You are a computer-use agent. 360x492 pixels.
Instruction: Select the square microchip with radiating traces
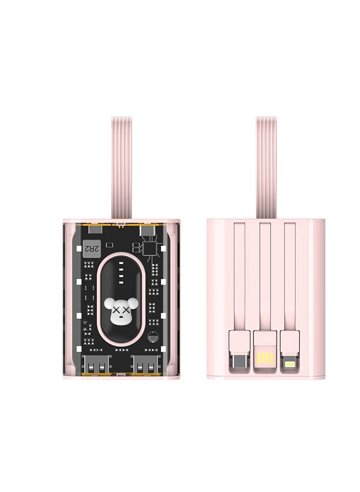tap(149, 248)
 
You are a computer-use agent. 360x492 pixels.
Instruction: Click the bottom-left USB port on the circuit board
tap(94, 365)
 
